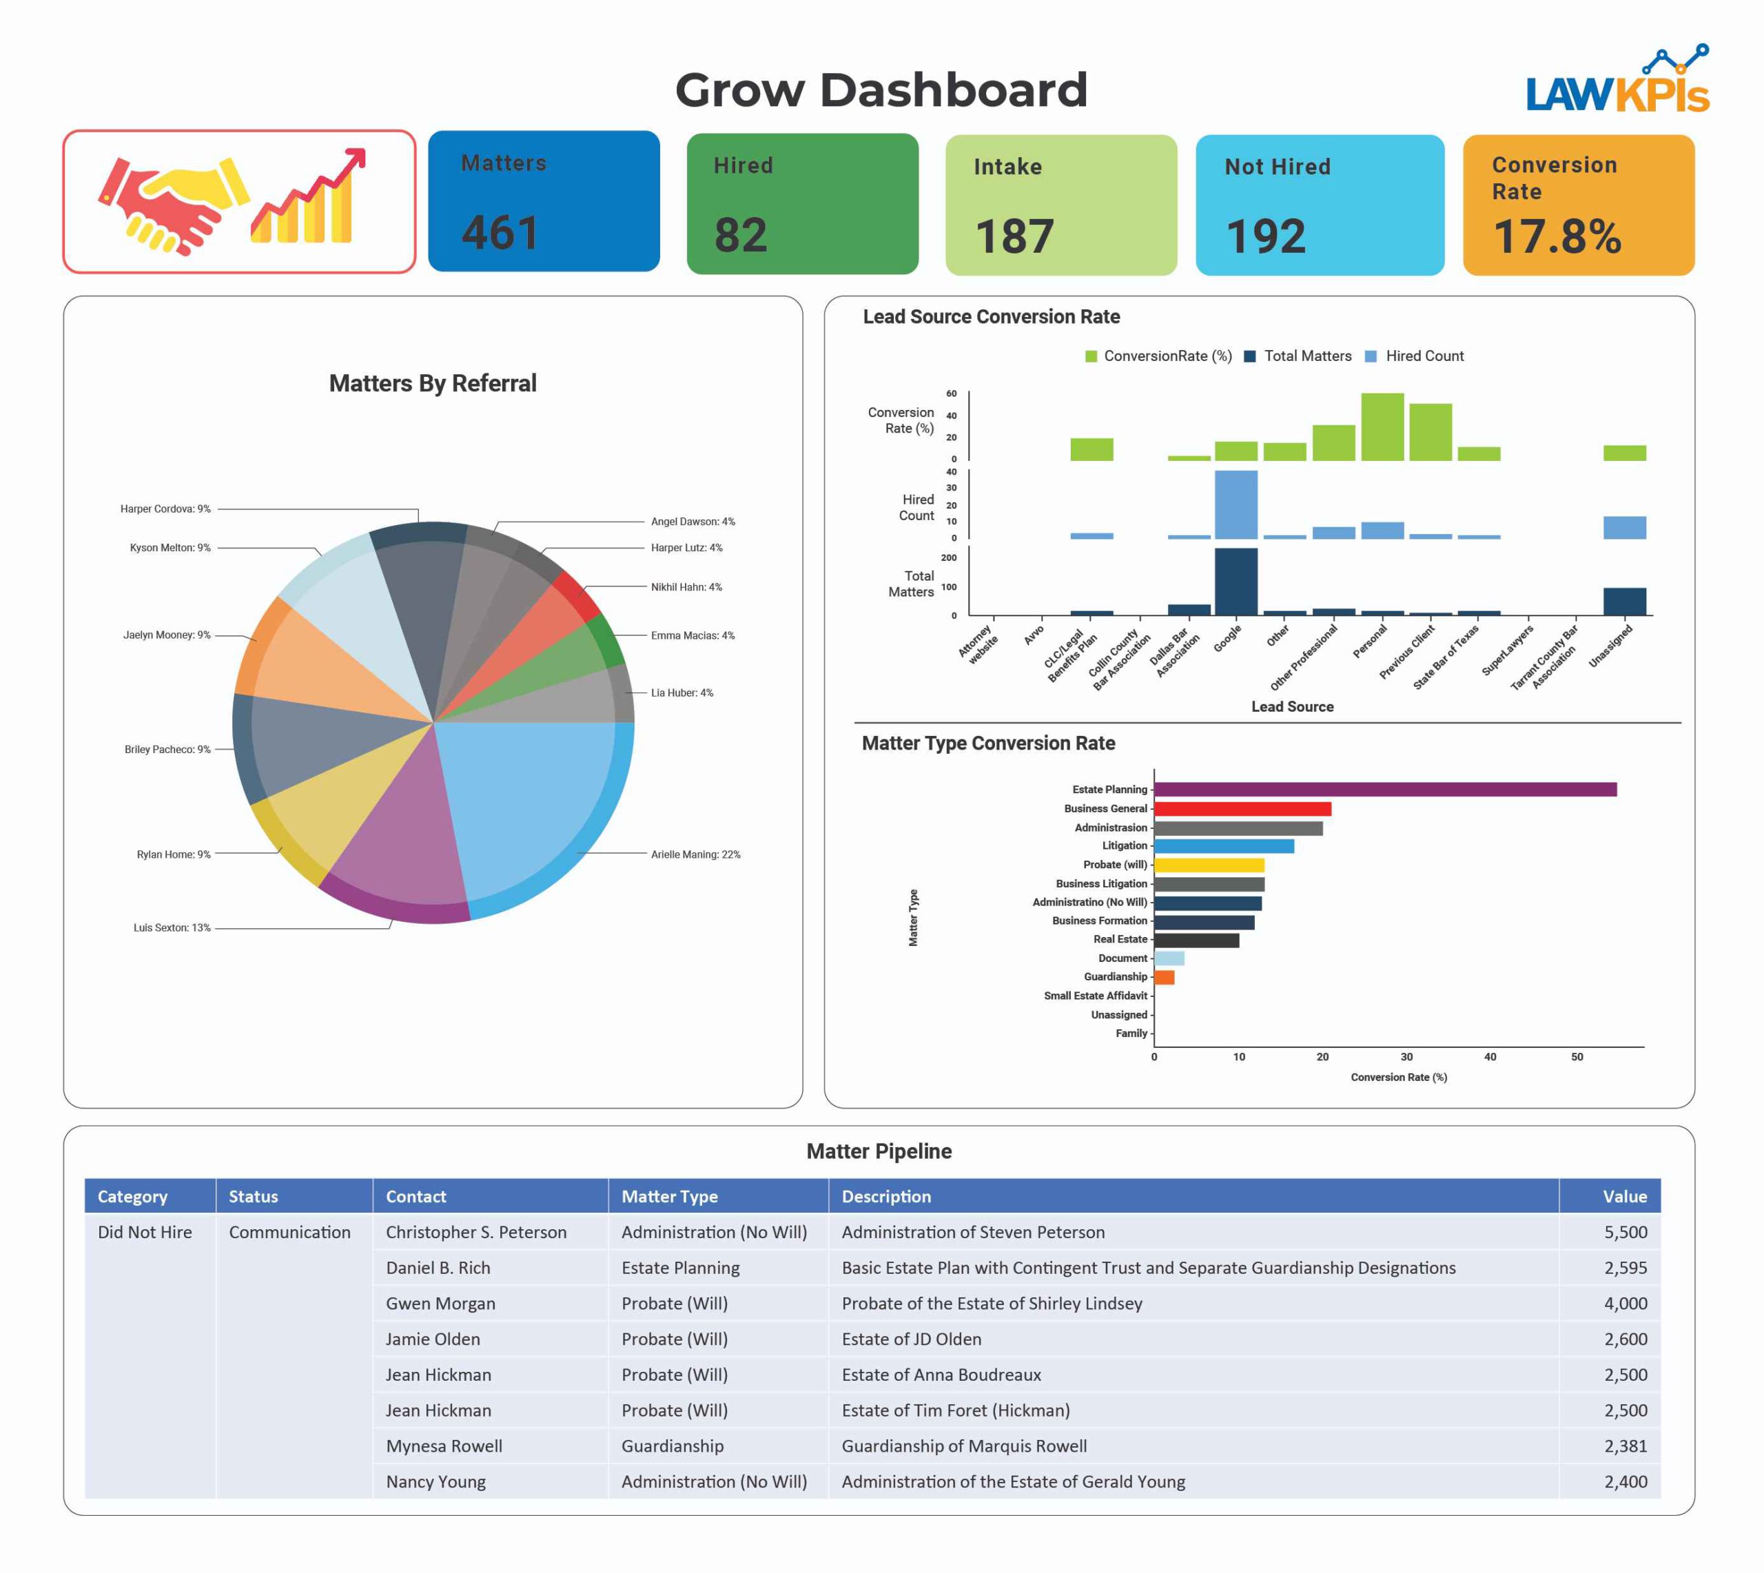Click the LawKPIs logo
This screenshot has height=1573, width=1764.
pyautogui.click(x=1617, y=81)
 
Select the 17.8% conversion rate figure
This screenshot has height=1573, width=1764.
pyautogui.click(x=1557, y=236)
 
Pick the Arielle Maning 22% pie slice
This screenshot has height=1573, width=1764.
pyautogui.click(x=527, y=804)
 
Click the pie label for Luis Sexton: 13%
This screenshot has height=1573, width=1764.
pyautogui.click(x=172, y=927)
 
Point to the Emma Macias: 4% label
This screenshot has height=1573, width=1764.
pyautogui.click(x=693, y=635)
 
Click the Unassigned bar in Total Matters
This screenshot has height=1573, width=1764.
pyautogui.click(x=1624, y=602)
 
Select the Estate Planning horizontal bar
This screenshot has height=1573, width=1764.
pyautogui.click(x=1384, y=789)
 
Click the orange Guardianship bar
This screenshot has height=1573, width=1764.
pyautogui.click(x=1165, y=978)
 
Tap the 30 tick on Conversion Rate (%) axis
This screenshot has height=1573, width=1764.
pyautogui.click(x=1406, y=1057)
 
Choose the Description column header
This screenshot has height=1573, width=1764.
pyautogui.click(x=886, y=1196)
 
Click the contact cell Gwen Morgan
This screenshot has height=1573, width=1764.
pyautogui.click(x=440, y=1304)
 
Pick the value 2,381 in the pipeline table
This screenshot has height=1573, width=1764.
pyautogui.click(x=1625, y=1446)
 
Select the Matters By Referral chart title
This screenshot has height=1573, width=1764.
pyautogui.click(x=432, y=384)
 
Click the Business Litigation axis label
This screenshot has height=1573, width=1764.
pyautogui.click(x=1101, y=883)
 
